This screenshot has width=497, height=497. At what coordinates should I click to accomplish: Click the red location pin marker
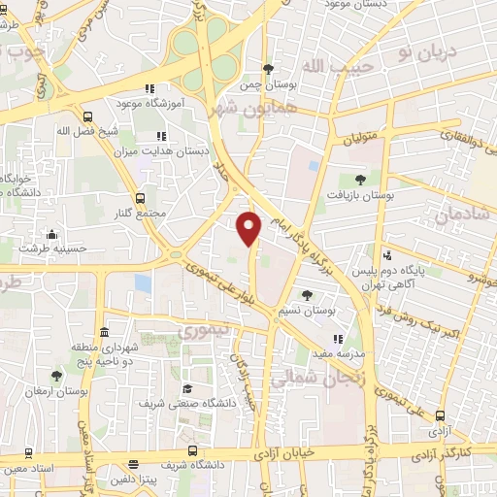click(250, 227)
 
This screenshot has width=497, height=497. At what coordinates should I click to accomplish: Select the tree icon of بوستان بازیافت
click(360, 179)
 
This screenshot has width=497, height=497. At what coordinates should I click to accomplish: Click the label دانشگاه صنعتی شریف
click(188, 403)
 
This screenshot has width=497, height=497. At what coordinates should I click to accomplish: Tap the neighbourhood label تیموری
click(199, 333)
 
